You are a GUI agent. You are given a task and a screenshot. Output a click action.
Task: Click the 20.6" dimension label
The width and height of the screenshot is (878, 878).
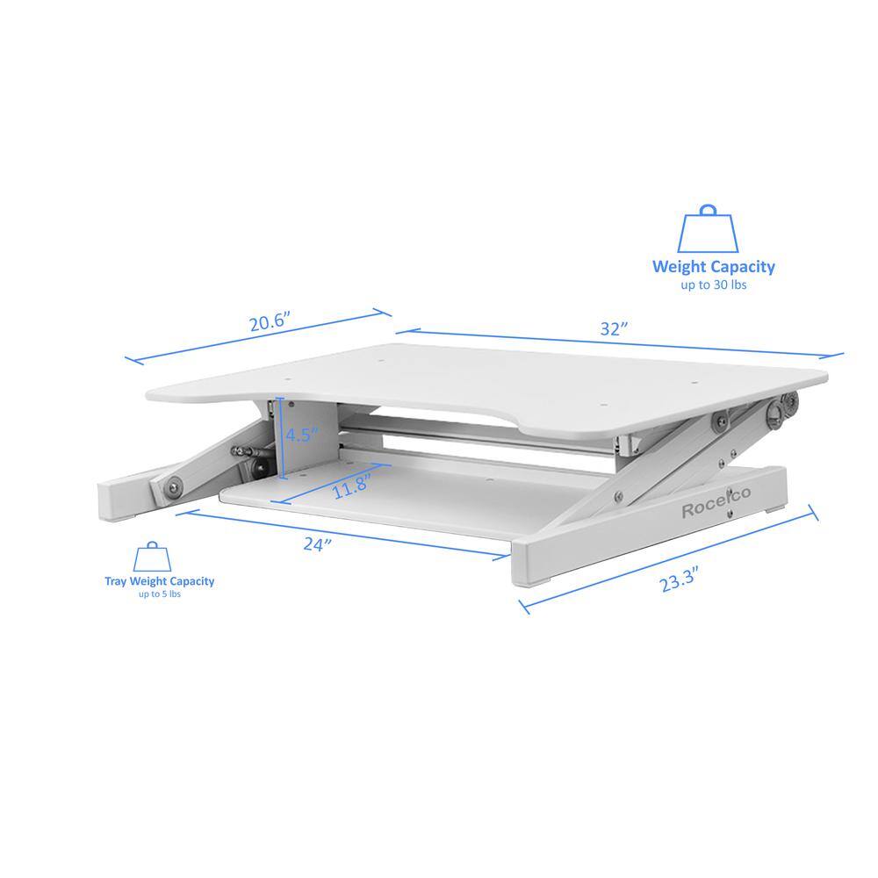[269, 322]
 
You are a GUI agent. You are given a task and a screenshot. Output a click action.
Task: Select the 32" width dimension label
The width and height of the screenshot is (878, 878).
[614, 330]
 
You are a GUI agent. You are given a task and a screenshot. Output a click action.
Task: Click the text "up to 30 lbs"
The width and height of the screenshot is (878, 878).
[713, 285]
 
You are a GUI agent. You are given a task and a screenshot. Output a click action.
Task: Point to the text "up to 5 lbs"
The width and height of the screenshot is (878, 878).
[159, 594]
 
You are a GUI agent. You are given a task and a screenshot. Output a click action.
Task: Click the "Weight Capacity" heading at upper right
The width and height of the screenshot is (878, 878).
[713, 267]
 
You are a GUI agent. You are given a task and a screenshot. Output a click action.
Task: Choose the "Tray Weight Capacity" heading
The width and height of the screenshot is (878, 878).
[159, 581]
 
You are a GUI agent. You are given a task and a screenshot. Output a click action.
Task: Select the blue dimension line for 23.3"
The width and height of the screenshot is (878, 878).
[667, 558]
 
